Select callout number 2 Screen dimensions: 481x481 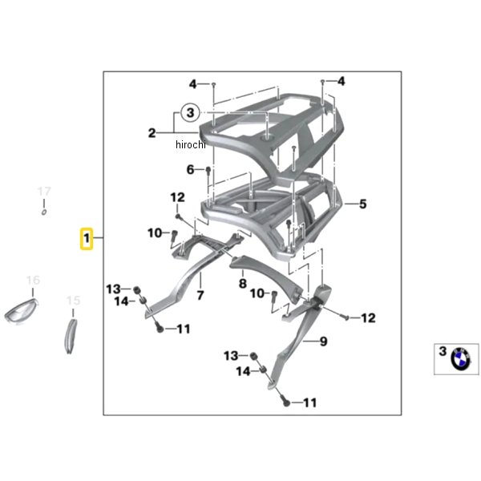pos(151,134)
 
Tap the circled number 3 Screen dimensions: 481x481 pos(189,113)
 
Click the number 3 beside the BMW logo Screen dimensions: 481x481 pos(442,351)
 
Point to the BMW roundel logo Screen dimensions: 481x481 pos(461,358)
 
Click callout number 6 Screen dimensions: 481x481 pos(191,170)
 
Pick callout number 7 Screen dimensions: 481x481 pos(200,296)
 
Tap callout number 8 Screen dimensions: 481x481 pos(241,283)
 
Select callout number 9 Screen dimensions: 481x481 pos(324,342)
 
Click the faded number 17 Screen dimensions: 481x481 pos(45,192)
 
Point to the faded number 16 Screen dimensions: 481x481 pos(33,280)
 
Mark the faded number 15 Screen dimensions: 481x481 pos(73,301)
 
